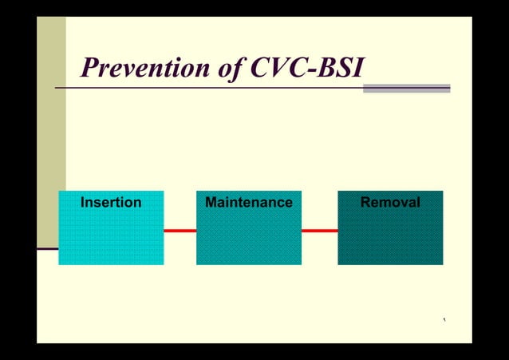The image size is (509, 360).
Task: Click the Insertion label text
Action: point(111,203)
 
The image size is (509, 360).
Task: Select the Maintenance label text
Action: point(248,203)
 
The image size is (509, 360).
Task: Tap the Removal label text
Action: point(390,203)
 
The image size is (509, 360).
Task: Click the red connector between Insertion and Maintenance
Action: point(180,231)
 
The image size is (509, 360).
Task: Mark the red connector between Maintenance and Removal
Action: point(319,231)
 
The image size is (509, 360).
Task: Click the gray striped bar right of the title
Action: point(406,88)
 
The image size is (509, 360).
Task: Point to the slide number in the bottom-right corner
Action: point(444,321)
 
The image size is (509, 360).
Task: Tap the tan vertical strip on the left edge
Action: point(51,120)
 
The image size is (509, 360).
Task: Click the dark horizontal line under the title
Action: point(207,87)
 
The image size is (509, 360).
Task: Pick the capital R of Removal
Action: point(365,203)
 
